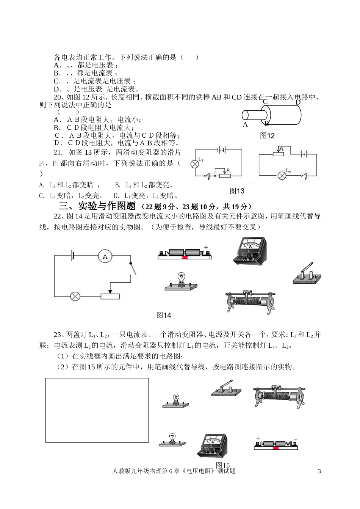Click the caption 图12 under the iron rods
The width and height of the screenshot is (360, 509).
(x=267, y=136)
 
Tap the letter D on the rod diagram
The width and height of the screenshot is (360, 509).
(x=298, y=102)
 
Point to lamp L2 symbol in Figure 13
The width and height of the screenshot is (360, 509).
(x=282, y=175)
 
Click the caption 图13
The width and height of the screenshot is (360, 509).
(x=237, y=191)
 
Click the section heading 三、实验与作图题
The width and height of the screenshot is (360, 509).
(x=97, y=206)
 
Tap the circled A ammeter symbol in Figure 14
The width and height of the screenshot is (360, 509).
(x=105, y=256)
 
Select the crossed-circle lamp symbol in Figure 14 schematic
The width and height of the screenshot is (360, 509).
(x=75, y=296)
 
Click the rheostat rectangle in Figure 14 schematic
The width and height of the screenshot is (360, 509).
(x=110, y=296)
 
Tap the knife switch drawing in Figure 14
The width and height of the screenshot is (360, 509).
(x=307, y=273)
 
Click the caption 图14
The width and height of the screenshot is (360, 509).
(x=164, y=315)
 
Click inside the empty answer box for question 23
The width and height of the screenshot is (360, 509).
(x=97, y=410)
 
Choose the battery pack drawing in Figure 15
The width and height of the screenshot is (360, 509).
(x=276, y=445)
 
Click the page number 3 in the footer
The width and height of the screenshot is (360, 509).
(x=319, y=471)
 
